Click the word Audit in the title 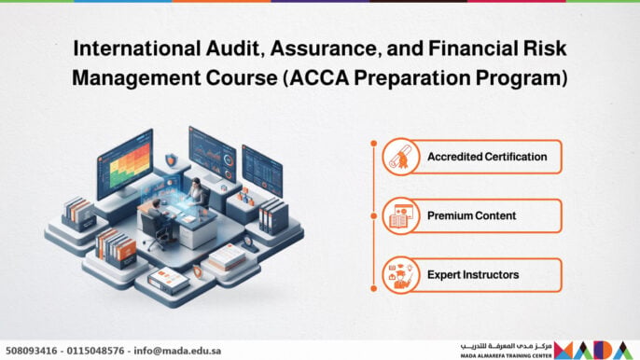(x=232, y=48)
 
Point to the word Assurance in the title (x=323, y=48)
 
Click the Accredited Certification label (x=487, y=157)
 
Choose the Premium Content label (x=471, y=215)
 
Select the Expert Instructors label (x=473, y=275)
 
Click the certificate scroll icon (x=400, y=157)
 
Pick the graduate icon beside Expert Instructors (x=400, y=275)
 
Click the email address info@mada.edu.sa (x=177, y=351)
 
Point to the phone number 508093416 (x=32, y=351)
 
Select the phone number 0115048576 (x=95, y=351)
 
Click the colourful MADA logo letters (x=593, y=350)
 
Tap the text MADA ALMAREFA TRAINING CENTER (x=506, y=356)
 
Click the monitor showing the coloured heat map (x=125, y=164)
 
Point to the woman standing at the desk (x=198, y=192)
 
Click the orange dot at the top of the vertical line (x=374, y=144)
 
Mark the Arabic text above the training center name (x=506, y=346)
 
